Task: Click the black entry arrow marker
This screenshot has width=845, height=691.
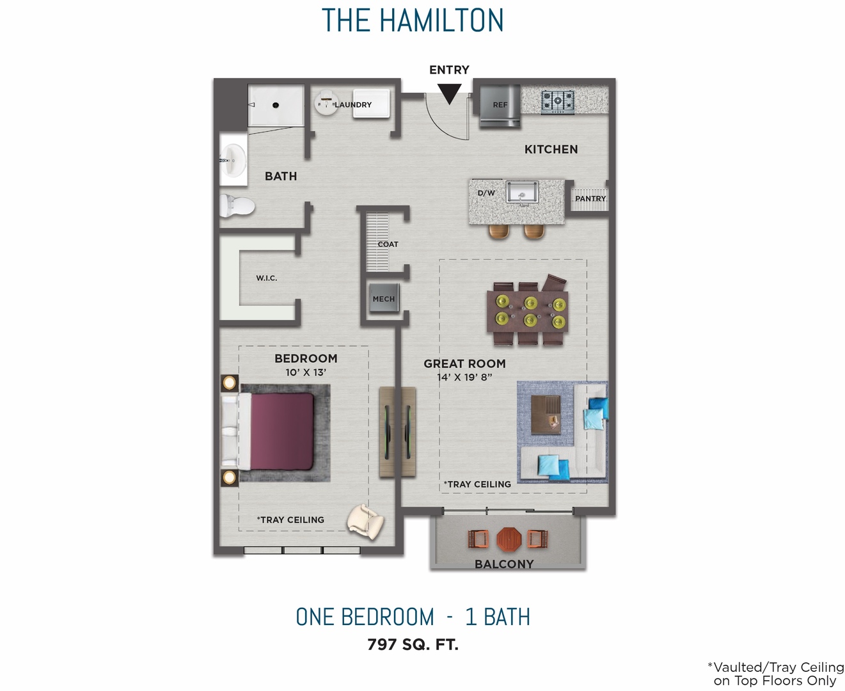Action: [450, 94]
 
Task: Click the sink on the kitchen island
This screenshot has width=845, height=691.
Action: [523, 192]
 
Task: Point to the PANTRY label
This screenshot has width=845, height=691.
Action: [590, 199]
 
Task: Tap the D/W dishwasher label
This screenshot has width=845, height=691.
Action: [486, 193]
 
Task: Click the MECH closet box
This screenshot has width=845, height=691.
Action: [384, 299]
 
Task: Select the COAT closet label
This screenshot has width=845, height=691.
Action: [388, 244]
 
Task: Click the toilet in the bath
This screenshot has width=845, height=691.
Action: [236, 206]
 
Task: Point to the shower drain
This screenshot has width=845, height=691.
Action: [276, 105]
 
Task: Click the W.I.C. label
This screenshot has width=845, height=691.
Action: [267, 278]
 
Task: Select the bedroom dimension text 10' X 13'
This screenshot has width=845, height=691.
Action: [306, 372]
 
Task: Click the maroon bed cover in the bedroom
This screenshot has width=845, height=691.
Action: [282, 431]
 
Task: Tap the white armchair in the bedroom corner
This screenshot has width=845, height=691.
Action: [366, 520]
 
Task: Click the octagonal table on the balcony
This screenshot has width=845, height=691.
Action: [509, 539]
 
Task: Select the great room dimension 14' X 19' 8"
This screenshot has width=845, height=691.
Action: [464, 377]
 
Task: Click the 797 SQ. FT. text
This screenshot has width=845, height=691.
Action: [413, 644]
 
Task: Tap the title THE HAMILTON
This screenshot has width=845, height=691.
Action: [413, 20]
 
